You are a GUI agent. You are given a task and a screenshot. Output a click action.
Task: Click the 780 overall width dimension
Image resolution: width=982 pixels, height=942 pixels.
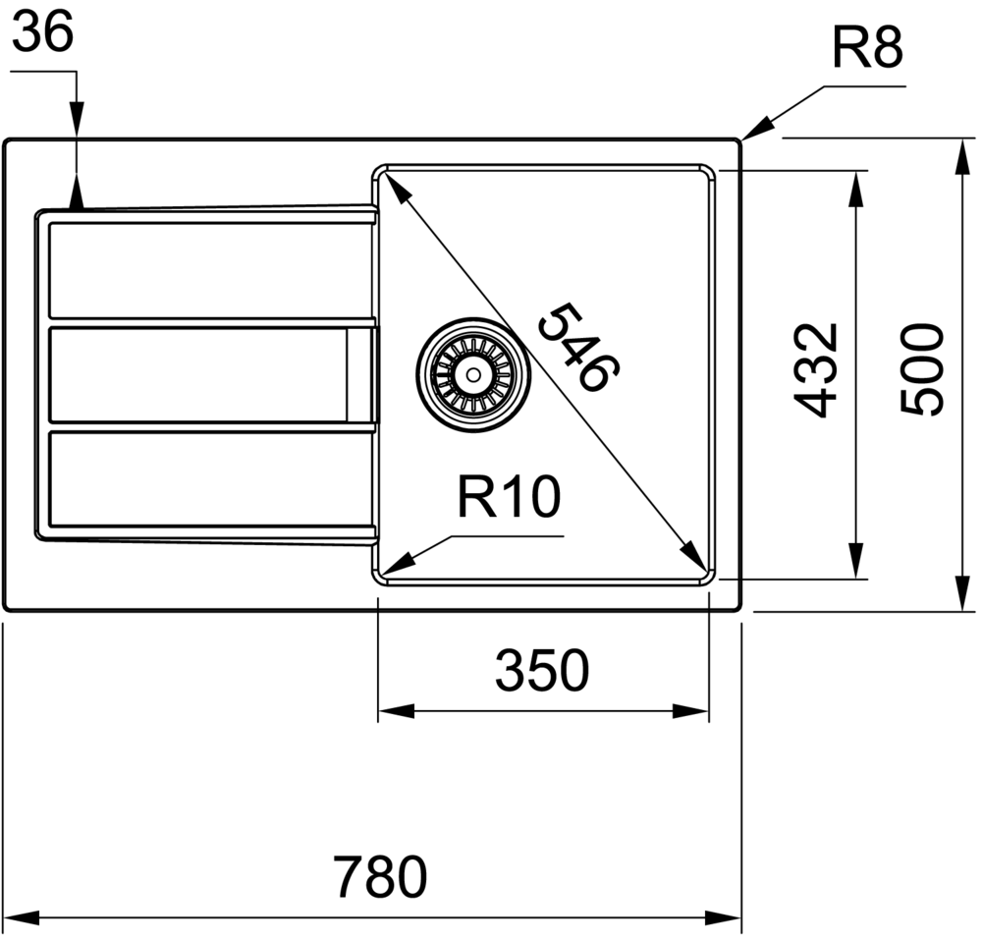(379, 877)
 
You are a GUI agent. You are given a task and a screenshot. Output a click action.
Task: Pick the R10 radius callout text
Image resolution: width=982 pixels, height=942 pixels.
(508, 498)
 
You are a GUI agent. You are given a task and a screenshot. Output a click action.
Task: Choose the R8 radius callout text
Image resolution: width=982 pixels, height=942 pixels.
(867, 46)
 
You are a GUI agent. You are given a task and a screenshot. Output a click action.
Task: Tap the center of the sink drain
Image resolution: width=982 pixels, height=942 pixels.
(473, 373)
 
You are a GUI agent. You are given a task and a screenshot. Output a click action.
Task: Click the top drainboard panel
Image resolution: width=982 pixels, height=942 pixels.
(206, 270)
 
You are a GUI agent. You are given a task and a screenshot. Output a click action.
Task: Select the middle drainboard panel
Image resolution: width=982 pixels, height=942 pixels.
(196, 374)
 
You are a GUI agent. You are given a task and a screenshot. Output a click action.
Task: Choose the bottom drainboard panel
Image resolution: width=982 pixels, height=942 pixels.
(206, 479)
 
